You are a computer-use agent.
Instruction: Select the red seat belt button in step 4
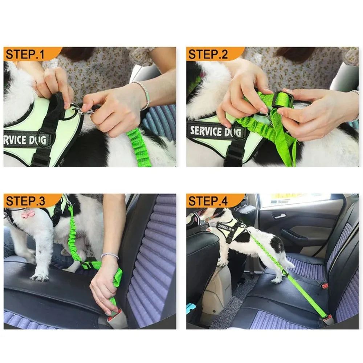(x=325, y=286)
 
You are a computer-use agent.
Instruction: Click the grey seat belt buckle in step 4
(x=329, y=319)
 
